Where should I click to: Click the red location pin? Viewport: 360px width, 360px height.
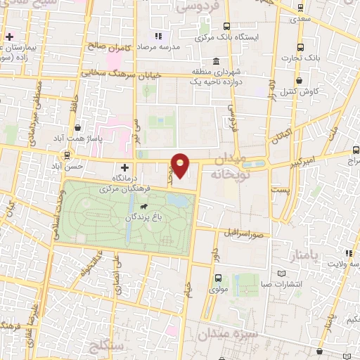click(x=181, y=166)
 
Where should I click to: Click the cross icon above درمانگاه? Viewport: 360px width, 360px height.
click(x=125, y=168)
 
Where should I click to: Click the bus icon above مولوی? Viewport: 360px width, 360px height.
click(x=218, y=277)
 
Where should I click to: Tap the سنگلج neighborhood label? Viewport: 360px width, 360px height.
click(x=107, y=345)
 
